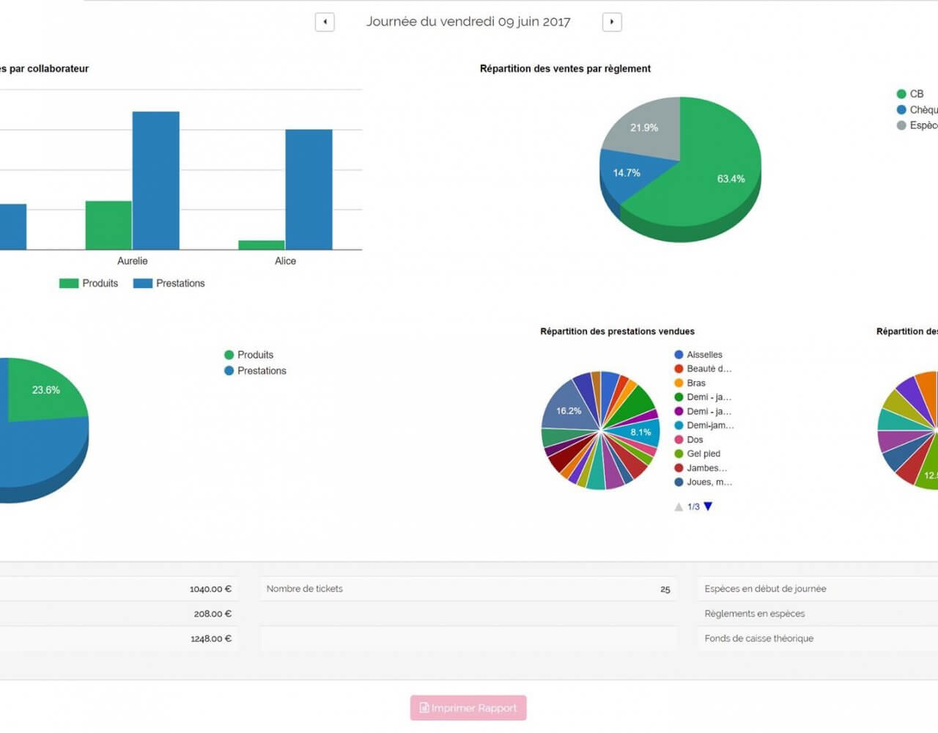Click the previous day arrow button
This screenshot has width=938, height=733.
pos(325,22)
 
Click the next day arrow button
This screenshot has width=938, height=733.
pos(612,22)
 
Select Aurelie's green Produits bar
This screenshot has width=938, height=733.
pos(108,225)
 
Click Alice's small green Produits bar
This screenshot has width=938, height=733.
pos(262,245)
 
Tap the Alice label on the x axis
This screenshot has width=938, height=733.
pos(285,261)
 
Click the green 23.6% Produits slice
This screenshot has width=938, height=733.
pos(45,389)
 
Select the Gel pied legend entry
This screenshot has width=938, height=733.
pos(703,454)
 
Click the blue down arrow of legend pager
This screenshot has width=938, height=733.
pos(708,507)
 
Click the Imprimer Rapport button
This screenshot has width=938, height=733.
pos(468,708)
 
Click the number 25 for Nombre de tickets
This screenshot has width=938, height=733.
pos(665,589)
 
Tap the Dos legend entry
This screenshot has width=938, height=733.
pos(694,440)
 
